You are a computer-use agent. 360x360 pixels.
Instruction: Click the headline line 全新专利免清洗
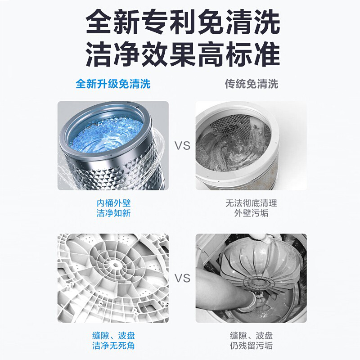[183, 22]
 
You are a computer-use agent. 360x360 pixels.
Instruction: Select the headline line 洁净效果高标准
[183, 54]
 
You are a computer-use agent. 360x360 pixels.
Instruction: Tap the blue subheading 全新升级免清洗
[113, 84]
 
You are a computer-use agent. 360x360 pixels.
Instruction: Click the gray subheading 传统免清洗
[252, 84]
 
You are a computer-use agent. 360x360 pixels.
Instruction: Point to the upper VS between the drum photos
[183, 146]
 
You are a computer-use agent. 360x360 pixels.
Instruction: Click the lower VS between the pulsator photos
[183, 278]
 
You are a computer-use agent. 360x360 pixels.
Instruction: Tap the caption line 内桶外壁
[113, 203]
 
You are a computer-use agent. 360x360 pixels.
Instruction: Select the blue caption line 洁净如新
[113, 213]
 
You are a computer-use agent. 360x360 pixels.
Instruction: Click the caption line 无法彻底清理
[251, 203]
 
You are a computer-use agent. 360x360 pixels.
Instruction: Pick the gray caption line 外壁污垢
[251, 213]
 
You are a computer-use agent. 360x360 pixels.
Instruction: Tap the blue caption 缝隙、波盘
[113, 336]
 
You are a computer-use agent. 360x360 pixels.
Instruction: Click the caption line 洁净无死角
[113, 346]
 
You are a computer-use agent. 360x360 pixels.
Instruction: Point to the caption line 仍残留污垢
[251, 346]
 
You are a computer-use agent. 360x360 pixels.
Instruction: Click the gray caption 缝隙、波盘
[251, 336]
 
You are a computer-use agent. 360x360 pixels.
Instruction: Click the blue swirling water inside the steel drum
[106, 135]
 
